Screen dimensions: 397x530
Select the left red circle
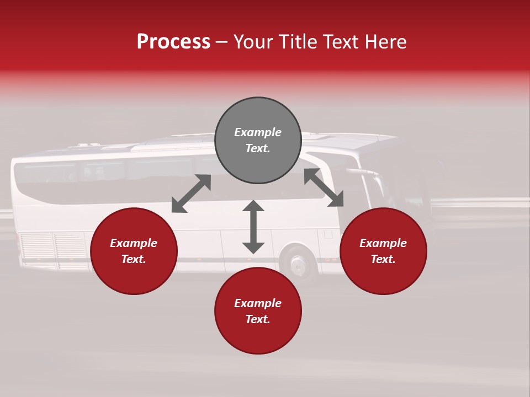(134, 251)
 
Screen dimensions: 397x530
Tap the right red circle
(383, 251)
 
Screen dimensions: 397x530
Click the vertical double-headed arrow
(253, 227)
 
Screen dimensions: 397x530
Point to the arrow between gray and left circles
(191, 194)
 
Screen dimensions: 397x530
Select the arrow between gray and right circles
(324, 188)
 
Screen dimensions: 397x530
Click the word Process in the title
(173, 42)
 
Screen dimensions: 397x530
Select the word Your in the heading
(253, 42)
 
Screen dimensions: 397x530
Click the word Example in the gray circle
(258, 132)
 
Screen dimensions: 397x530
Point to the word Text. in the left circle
(134, 259)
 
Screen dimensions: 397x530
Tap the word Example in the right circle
(383, 243)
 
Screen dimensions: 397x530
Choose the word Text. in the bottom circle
(258, 319)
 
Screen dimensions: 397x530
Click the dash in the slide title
(222, 42)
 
